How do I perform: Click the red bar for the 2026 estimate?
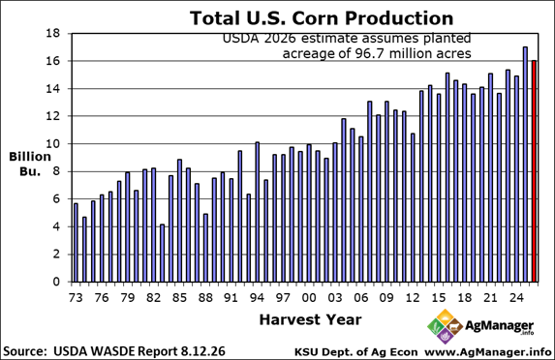pos(534,171)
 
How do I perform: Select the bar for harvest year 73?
pos(76,243)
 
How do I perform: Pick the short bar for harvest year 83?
pos(162,254)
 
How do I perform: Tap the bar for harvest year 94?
pos(258,212)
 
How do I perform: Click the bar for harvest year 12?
pos(413,208)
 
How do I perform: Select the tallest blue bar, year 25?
pos(525,165)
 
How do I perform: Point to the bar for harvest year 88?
pos(205,248)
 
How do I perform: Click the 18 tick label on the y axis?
pos(53,33)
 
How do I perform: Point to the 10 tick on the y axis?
pos(53,144)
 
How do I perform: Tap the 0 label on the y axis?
pos(56,282)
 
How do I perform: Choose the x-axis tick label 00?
pos(309,298)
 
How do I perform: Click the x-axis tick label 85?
pos(179,298)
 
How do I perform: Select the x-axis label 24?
pos(516,298)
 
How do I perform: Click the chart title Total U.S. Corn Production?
pos(322,17)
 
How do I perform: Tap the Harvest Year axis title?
pos(310,319)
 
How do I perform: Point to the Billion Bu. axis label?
pos(30,164)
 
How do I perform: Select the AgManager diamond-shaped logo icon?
pos(446,326)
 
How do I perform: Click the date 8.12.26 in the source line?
pos(202,351)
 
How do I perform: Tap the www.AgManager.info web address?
pos(488,352)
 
